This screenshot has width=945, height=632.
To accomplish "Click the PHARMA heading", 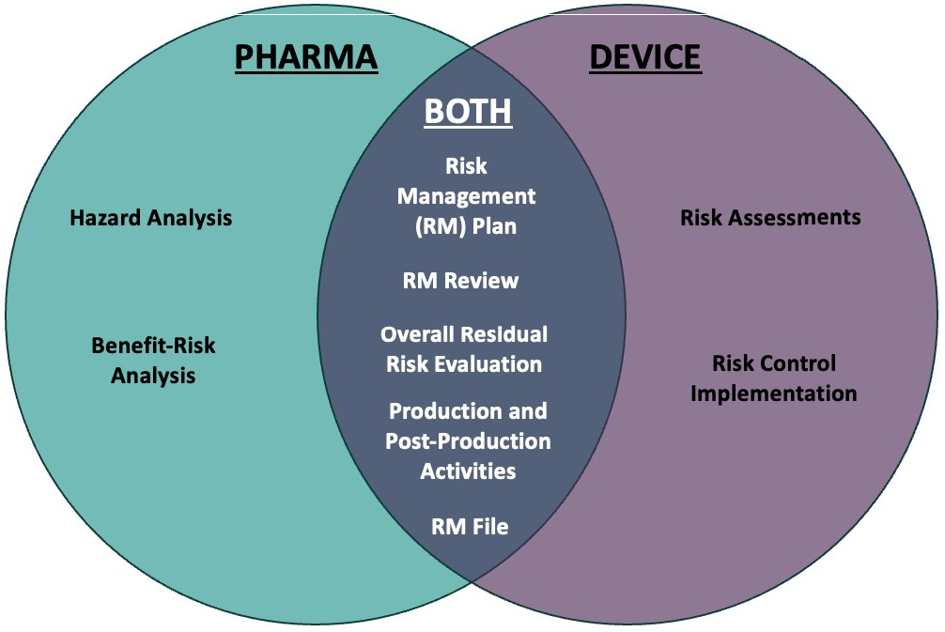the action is (306, 58).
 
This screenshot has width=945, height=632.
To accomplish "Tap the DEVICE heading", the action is (644, 58).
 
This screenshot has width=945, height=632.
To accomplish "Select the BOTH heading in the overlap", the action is (468, 112).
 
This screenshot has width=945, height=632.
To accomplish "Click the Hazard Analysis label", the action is (150, 218).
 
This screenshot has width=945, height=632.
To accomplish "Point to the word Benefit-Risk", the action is (153, 346).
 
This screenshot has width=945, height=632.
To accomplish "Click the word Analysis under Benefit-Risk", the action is (153, 376).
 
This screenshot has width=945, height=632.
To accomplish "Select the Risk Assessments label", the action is (770, 218).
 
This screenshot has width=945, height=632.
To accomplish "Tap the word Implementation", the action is (774, 394).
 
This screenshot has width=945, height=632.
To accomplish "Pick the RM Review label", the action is (460, 281).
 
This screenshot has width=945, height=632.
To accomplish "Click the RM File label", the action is (470, 527).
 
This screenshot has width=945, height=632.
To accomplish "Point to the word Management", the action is (466, 196).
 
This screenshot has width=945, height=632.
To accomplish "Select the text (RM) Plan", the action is (466, 226).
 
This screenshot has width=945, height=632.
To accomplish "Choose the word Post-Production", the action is (468, 441).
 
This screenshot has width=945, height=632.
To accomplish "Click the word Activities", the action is (468, 471).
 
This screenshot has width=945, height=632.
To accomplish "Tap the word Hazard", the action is (105, 218).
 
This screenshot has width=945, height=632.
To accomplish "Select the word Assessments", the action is (796, 218).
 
